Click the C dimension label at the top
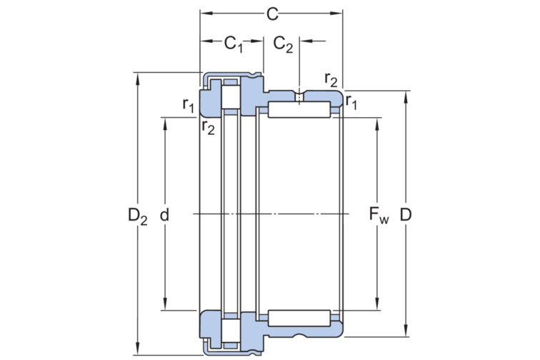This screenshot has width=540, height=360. click(x=272, y=14)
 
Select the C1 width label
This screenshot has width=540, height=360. click(x=233, y=44)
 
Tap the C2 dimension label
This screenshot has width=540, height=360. click(x=283, y=44)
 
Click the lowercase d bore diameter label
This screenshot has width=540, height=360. click(x=165, y=214)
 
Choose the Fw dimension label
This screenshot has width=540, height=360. click(x=378, y=214)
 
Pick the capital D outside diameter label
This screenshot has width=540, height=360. click(x=406, y=214)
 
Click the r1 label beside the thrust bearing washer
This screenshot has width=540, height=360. click(x=188, y=105)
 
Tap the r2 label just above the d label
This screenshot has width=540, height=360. click(x=208, y=128)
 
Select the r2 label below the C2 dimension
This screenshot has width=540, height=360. click(x=331, y=79)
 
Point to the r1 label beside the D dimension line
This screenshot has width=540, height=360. click(x=351, y=104)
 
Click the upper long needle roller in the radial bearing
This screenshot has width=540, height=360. click(x=299, y=111)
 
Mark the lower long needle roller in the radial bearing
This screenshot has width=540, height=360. click(x=299, y=317)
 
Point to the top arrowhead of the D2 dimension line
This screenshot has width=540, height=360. click(x=137, y=76)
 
